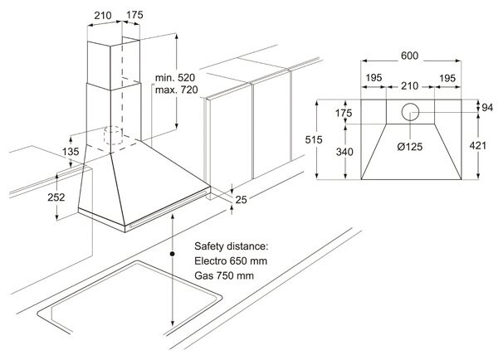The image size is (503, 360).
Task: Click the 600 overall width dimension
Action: [x=409, y=56]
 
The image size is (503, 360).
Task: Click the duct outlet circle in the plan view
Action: [x=409, y=114]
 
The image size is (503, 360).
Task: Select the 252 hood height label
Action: [x=56, y=197]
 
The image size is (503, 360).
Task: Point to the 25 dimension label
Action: [x=242, y=199]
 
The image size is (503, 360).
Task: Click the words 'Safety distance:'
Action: [x=232, y=247]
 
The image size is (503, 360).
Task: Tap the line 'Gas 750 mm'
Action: [x=223, y=275]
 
